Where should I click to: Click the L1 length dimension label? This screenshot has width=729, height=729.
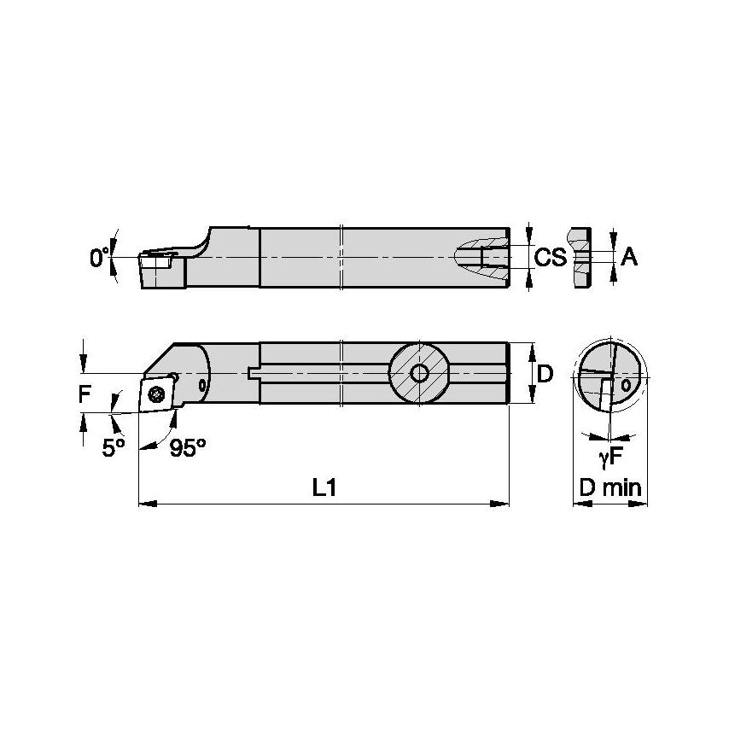324,488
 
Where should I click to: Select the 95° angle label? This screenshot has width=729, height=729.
187,448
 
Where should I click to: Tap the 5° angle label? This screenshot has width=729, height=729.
114,448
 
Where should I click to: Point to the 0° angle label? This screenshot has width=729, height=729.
100,256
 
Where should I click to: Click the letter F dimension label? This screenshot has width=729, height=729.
84,394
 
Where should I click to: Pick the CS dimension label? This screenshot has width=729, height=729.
551,256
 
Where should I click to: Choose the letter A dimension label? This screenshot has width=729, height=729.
629,256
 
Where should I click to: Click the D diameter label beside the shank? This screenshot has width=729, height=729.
545,374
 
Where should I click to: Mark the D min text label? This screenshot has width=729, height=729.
609,488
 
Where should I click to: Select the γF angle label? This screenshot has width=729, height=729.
609,459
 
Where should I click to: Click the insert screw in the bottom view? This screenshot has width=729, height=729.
156,394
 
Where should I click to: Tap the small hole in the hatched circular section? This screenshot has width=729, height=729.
419,373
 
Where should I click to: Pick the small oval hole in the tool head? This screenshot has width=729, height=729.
201,386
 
